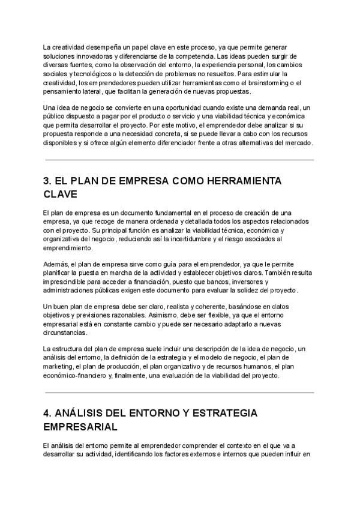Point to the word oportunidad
[171, 107]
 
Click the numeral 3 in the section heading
[47, 181]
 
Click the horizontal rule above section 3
[179, 160]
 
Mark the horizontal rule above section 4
[179, 393]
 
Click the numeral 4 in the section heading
[47, 414]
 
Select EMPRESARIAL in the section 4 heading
[80, 428]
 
